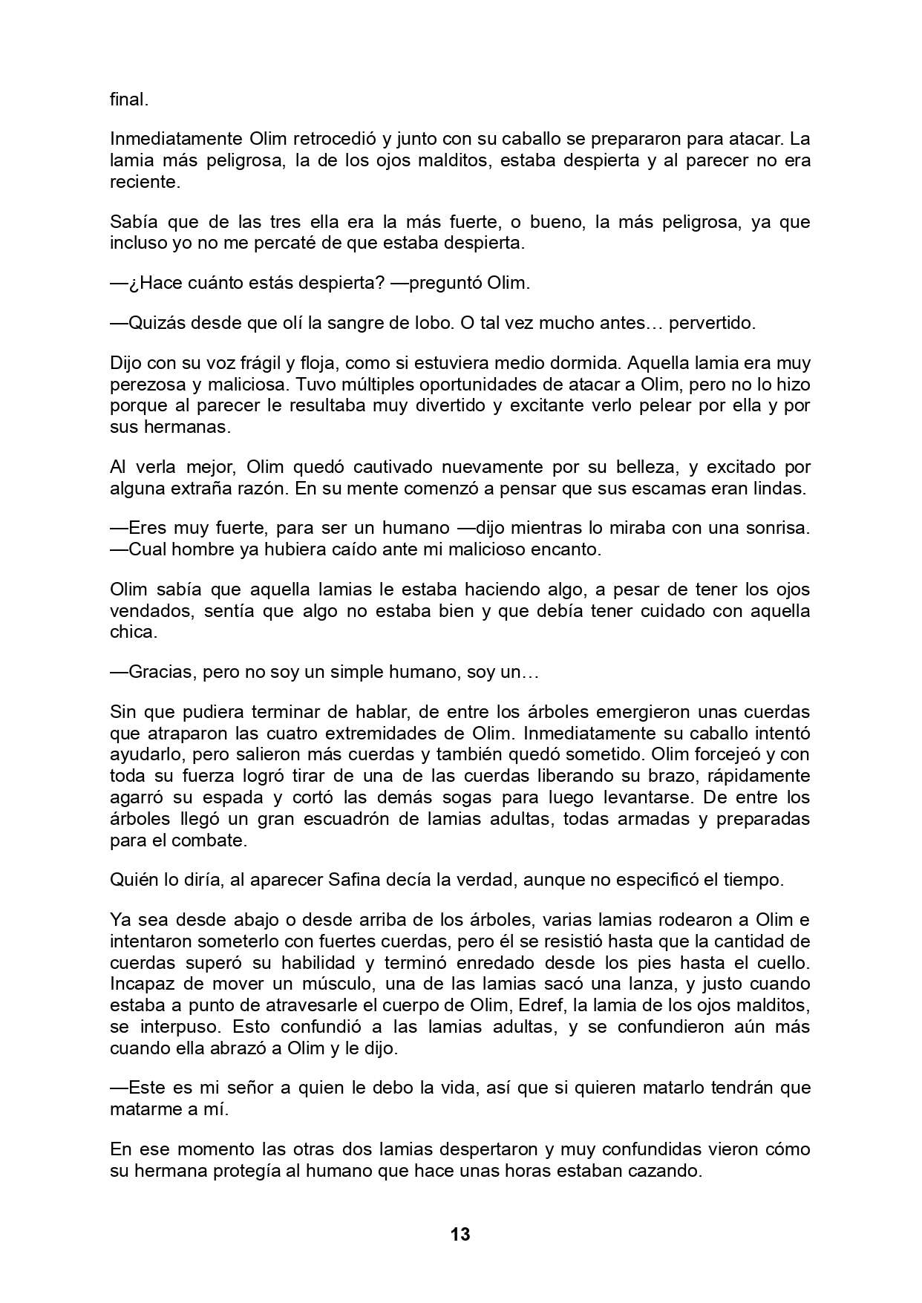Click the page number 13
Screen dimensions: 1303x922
pos(460,1234)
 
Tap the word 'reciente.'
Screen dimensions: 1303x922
pos(146,182)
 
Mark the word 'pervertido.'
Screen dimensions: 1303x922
pos(712,323)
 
